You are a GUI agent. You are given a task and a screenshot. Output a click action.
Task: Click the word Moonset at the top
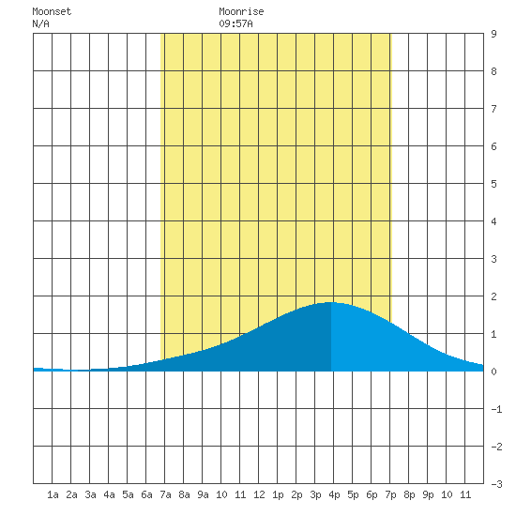click(52, 11)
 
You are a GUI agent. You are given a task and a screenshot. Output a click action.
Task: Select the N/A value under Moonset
click(40, 23)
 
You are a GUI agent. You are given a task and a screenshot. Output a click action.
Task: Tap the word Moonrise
click(241, 11)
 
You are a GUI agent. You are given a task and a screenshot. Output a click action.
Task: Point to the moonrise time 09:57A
click(235, 23)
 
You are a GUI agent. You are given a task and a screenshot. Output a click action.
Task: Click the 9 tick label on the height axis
click(493, 34)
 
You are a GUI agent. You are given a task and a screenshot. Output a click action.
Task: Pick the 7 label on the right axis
click(493, 109)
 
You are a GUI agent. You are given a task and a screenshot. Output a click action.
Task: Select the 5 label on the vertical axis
click(493, 184)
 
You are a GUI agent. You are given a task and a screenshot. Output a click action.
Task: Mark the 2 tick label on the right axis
click(493, 296)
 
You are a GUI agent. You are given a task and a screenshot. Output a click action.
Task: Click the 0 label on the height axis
click(493, 372)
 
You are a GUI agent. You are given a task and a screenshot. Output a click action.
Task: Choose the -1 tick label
click(496, 409)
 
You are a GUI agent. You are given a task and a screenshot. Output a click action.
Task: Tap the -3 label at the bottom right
click(496, 484)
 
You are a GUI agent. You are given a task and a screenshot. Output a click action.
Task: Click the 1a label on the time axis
click(53, 494)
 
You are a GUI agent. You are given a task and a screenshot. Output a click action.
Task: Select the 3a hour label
click(90, 494)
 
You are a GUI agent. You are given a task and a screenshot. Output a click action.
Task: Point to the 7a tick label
click(165, 494)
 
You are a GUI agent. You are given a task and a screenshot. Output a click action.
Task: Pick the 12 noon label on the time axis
click(259, 494)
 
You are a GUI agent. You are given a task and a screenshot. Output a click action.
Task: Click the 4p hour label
click(334, 494)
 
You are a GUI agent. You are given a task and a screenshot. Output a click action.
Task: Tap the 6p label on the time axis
click(372, 494)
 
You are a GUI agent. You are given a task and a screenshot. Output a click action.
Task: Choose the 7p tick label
click(390, 494)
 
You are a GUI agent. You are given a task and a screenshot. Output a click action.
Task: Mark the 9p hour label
click(428, 494)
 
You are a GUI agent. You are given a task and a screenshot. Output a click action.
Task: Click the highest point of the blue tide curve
click(330, 302)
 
